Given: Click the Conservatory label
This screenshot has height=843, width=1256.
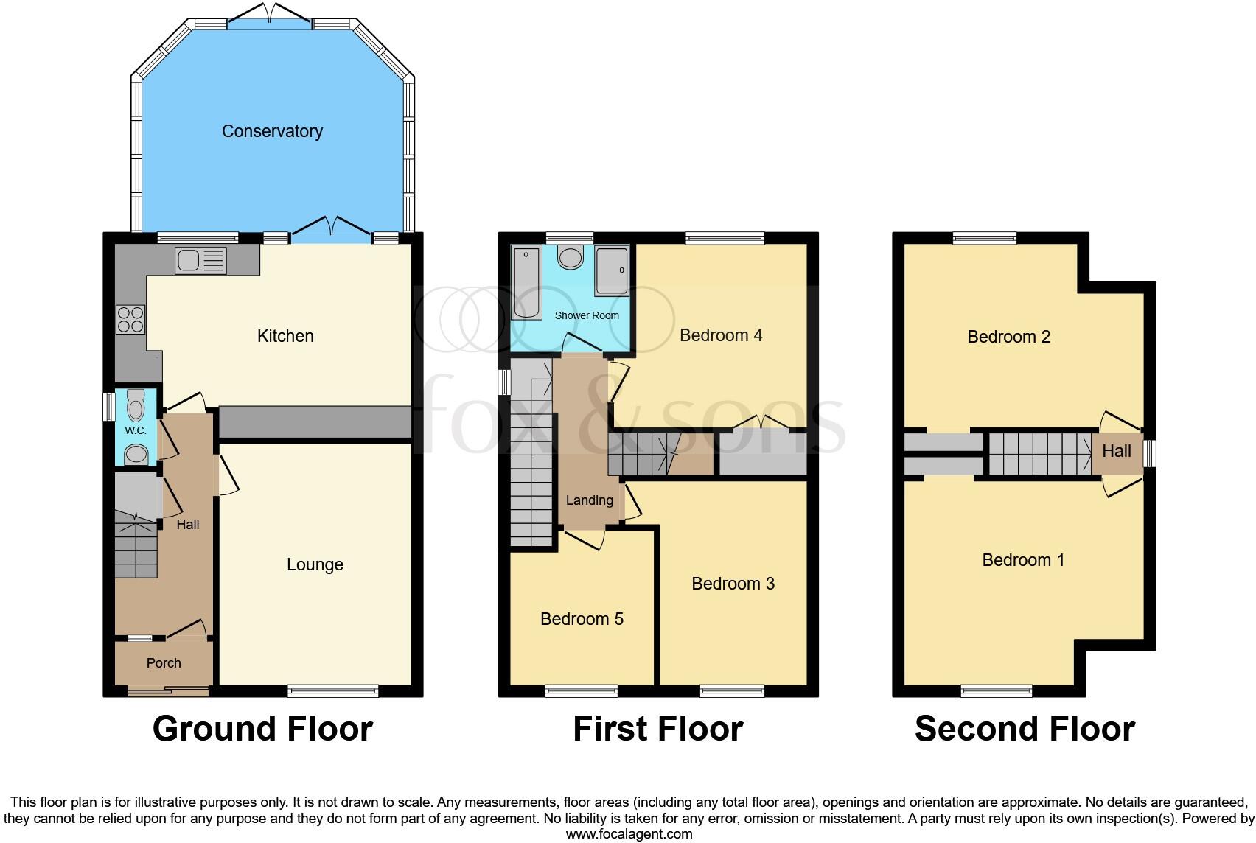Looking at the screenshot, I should (x=272, y=131).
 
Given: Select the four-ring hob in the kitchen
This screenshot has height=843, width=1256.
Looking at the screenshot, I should (x=130, y=320).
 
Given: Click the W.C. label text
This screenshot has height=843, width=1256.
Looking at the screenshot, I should (x=135, y=430).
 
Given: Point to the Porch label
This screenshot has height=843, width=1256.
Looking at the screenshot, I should (x=164, y=663).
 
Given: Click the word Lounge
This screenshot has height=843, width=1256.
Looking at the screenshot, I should (x=315, y=564).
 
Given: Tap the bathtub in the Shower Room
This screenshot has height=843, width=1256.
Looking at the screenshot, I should (x=526, y=284).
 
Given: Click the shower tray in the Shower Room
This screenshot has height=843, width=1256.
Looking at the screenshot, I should (x=613, y=270).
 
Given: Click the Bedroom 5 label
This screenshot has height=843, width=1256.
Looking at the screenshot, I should (x=582, y=619).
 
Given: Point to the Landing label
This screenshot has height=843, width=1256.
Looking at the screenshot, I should (x=589, y=500).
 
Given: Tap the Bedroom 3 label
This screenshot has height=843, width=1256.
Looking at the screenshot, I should (x=733, y=584).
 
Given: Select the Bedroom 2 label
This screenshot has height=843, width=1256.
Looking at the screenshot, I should (x=1008, y=337).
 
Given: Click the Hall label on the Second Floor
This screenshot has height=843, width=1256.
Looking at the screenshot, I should (x=1116, y=451).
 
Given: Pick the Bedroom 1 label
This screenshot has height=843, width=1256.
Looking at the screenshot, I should (x=1023, y=560).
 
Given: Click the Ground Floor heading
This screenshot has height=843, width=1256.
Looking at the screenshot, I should (x=262, y=729).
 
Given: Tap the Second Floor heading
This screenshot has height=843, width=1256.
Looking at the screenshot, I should (x=1025, y=729).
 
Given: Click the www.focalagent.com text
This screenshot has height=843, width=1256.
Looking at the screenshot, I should (x=629, y=834).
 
